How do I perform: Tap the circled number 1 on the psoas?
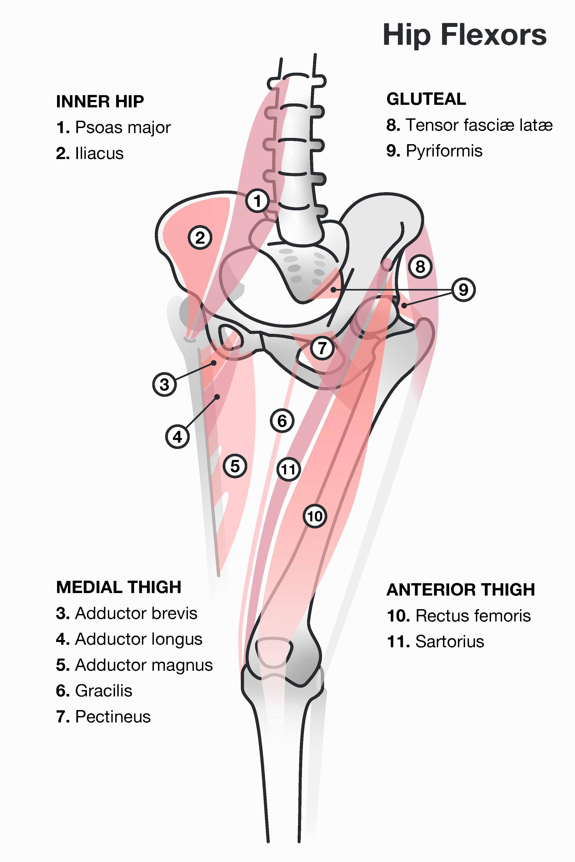[257, 201]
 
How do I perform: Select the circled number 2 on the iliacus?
[200, 238]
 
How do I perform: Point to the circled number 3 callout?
[164, 385]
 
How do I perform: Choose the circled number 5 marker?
[235, 466]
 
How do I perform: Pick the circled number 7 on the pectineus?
[322, 348]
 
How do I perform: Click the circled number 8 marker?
[420, 266]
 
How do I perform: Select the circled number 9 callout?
[463, 290]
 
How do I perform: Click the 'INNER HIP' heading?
[100, 102]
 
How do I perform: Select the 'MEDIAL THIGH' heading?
[118, 587]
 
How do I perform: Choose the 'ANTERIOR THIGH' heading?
[461, 590]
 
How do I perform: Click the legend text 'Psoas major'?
[123, 128]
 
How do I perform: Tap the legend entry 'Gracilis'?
[103, 691]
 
